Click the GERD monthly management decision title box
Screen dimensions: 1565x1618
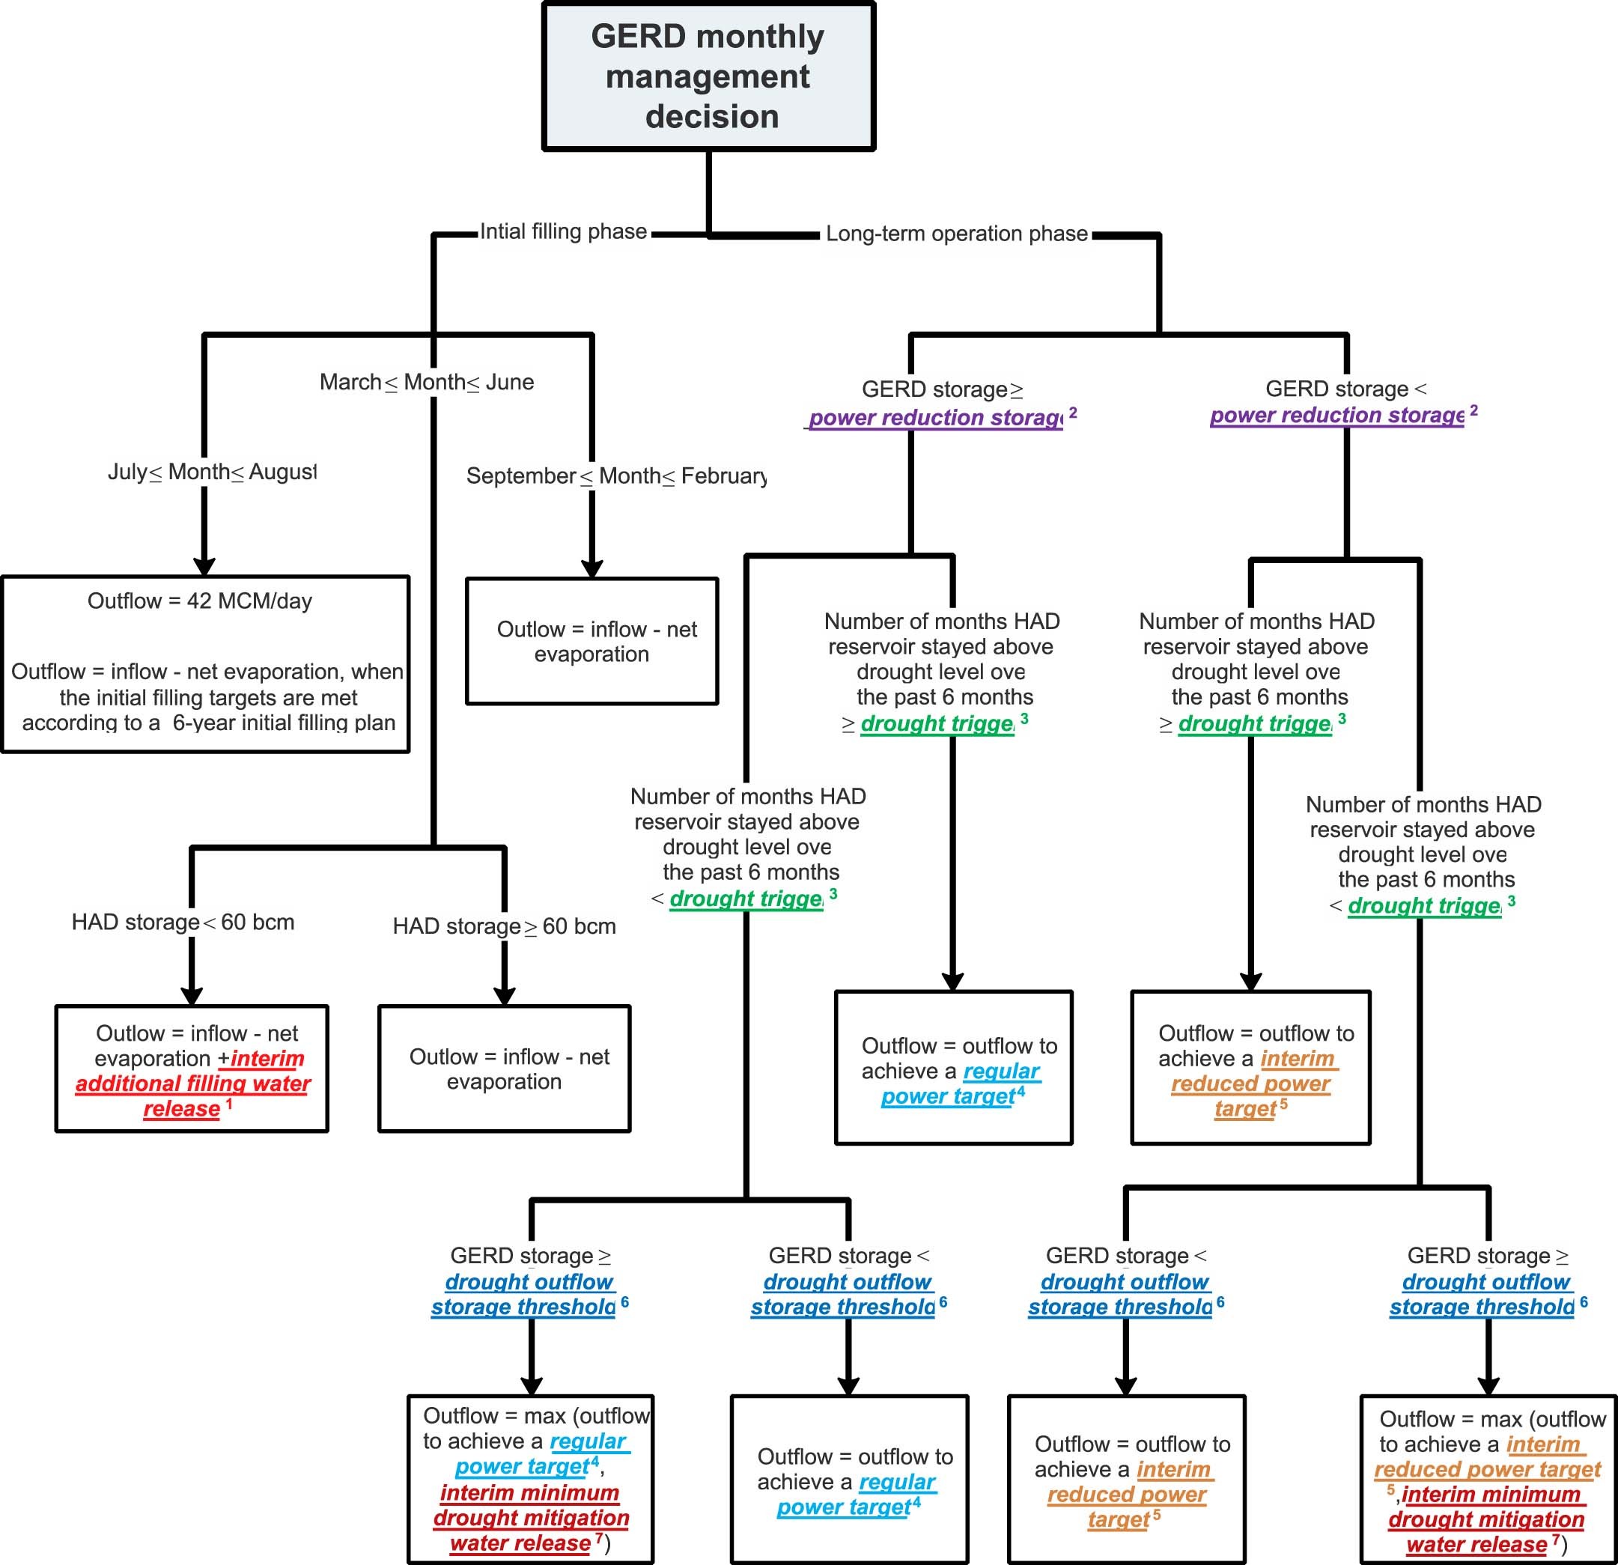click(x=708, y=76)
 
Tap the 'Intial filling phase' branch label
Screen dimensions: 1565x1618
click(x=563, y=232)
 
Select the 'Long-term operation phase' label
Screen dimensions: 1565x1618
click(x=956, y=234)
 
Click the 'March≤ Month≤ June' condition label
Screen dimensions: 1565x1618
click(x=427, y=382)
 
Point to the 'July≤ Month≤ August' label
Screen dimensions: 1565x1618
click(x=211, y=472)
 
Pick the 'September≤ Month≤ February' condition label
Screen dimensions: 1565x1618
click(x=616, y=476)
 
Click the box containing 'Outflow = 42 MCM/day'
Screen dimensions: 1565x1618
click(x=206, y=663)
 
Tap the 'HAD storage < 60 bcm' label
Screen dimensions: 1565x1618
click(x=183, y=922)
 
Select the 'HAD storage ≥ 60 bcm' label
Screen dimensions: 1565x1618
click(x=504, y=926)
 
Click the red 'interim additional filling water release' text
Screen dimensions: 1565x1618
click(x=193, y=1083)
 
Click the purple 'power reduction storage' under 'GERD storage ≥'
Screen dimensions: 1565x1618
click(x=935, y=418)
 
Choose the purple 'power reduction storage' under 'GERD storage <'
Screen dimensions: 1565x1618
click(x=1336, y=415)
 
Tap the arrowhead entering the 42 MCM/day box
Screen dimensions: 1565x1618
click(x=204, y=566)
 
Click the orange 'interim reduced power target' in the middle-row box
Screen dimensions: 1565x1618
click(x=1250, y=1083)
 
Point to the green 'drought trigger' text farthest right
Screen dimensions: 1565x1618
click(x=1424, y=905)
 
